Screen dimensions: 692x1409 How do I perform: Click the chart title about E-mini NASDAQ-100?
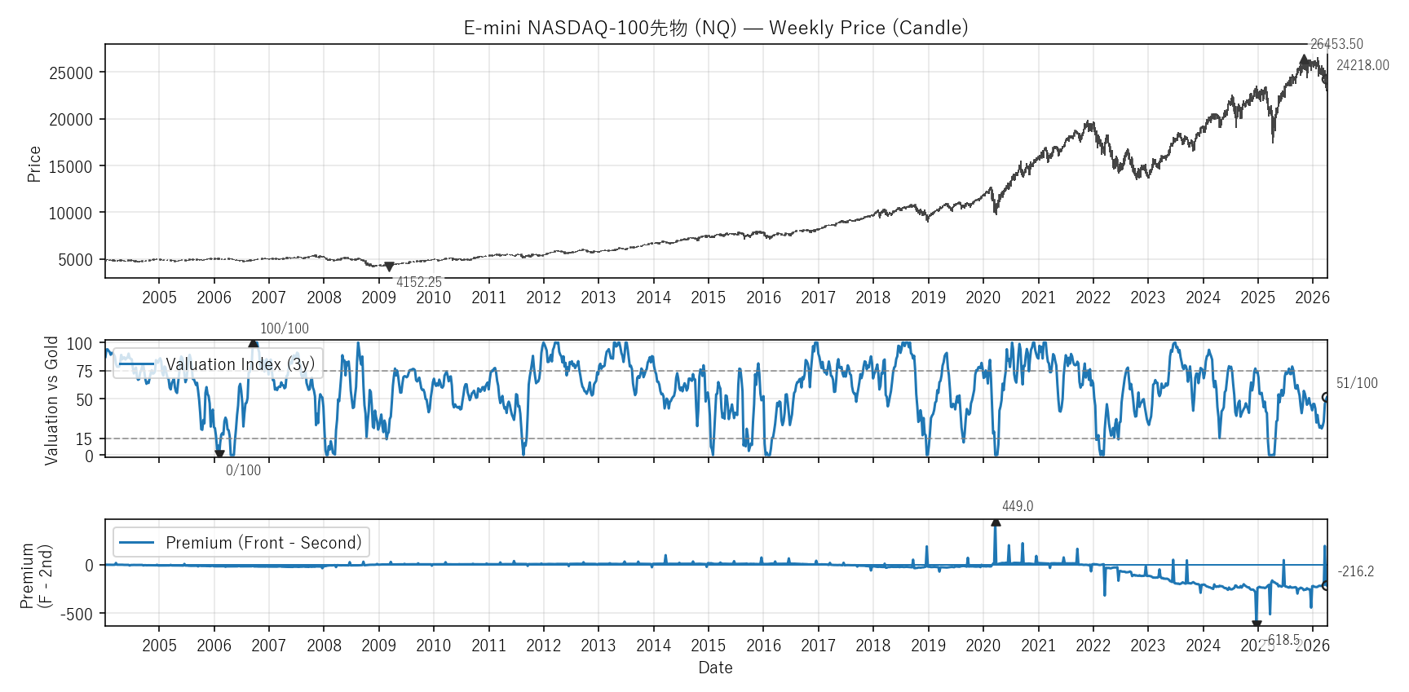click(x=715, y=28)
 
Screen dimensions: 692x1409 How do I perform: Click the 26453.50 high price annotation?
click(x=1336, y=44)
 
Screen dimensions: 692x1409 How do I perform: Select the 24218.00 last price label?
click(x=1363, y=65)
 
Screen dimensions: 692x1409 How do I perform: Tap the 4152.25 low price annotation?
click(x=419, y=282)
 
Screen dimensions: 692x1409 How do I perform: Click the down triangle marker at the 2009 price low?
click(x=389, y=267)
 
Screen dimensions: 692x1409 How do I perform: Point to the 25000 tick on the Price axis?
click(x=71, y=73)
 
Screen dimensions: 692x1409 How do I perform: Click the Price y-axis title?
click(x=34, y=164)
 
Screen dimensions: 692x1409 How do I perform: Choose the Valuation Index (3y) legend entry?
click(x=240, y=364)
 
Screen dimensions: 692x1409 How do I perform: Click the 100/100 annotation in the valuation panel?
click(x=285, y=328)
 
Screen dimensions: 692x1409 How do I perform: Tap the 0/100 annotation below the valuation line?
click(x=243, y=470)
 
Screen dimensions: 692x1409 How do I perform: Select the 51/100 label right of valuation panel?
click(x=1357, y=383)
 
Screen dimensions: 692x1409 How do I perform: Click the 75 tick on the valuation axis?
click(x=85, y=372)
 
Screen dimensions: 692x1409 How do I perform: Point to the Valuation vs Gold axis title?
click(x=51, y=400)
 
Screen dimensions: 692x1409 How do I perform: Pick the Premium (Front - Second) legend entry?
click(x=263, y=543)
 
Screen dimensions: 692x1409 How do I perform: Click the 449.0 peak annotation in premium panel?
click(x=1018, y=506)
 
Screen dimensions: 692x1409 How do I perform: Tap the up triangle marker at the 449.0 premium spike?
click(x=996, y=522)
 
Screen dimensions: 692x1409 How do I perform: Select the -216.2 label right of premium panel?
click(x=1355, y=571)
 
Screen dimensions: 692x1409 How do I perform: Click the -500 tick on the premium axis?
click(x=77, y=614)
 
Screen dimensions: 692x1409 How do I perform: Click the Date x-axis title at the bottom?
click(x=715, y=668)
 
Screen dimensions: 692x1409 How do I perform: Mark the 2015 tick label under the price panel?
click(x=708, y=298)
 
